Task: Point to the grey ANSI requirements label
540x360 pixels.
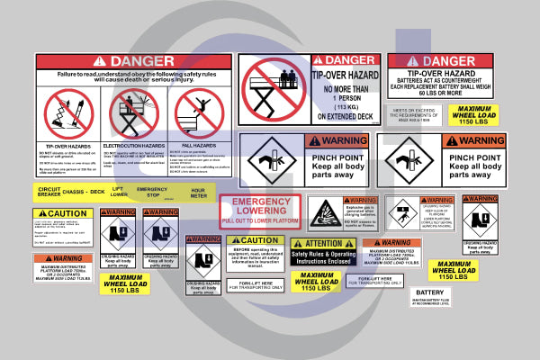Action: pos(413,115)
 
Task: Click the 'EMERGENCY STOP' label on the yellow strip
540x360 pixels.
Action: pos(153,193)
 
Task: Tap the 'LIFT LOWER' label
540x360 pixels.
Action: pos(118,193)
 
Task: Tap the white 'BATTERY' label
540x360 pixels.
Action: pos(430,292)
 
